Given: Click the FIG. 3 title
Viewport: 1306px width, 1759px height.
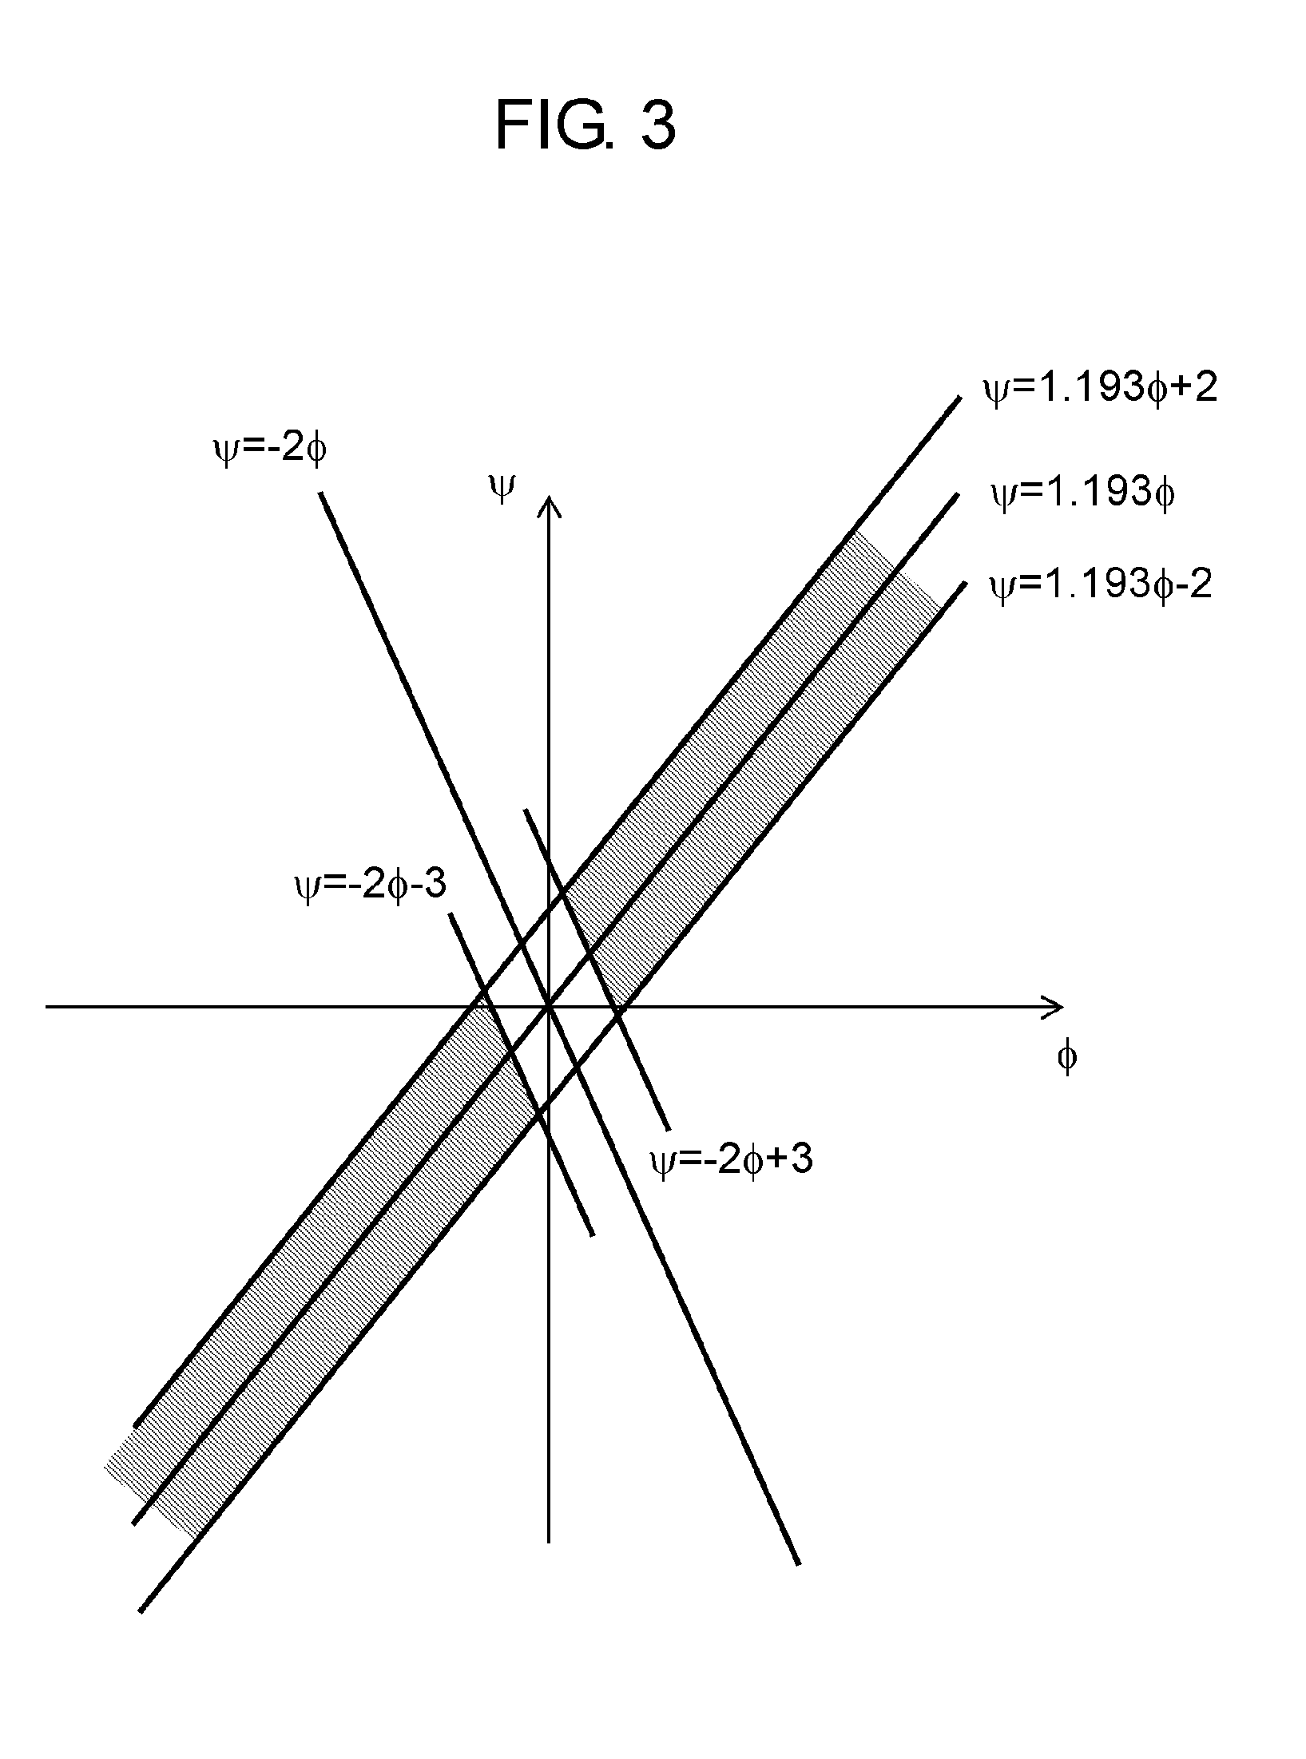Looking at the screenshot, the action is (586, 126).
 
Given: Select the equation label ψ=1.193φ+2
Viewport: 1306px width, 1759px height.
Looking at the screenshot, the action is (1100, 390).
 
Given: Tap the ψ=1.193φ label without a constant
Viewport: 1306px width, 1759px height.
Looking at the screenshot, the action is (1082, 494).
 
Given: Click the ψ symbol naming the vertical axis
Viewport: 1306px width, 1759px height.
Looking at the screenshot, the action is (501, 488).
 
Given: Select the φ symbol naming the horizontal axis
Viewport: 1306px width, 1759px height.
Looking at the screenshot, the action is (1066, 1057).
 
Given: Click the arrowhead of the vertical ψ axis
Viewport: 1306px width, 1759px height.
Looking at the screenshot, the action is (548, 503).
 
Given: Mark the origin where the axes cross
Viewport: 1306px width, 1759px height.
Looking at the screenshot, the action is (548, 1007).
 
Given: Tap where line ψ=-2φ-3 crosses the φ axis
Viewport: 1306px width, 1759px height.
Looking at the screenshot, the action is (481, 1007).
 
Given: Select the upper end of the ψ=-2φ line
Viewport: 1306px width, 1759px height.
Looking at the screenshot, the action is (321, 494).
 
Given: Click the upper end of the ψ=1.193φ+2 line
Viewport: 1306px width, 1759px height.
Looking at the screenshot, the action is (959, 396).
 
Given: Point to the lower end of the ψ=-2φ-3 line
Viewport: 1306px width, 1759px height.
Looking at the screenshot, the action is (592, 1235).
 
